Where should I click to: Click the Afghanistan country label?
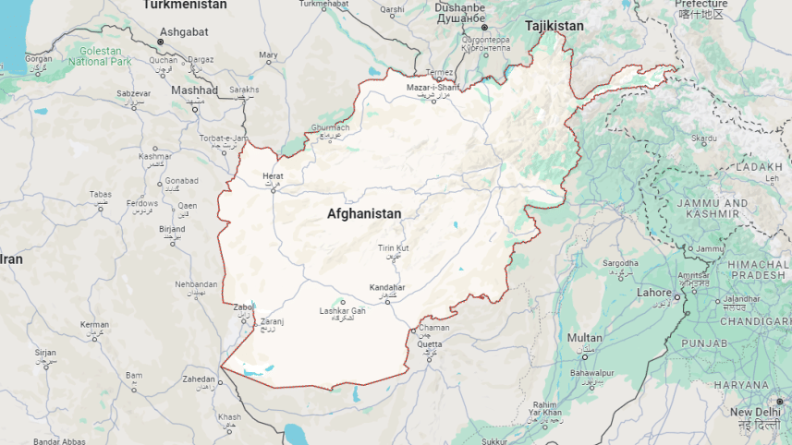[364, 213]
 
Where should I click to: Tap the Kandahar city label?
[387, 287]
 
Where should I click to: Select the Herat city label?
[273, 175]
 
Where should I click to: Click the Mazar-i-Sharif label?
[433, 88]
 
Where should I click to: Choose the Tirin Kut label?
[393, 248]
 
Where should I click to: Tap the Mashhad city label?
[194, 90]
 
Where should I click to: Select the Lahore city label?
[654, 293]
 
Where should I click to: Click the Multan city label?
[584, 338]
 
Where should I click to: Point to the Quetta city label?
[430, 344]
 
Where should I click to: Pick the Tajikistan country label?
[554, 26]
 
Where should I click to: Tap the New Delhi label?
[755, 412]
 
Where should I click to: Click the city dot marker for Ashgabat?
[160, 42]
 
